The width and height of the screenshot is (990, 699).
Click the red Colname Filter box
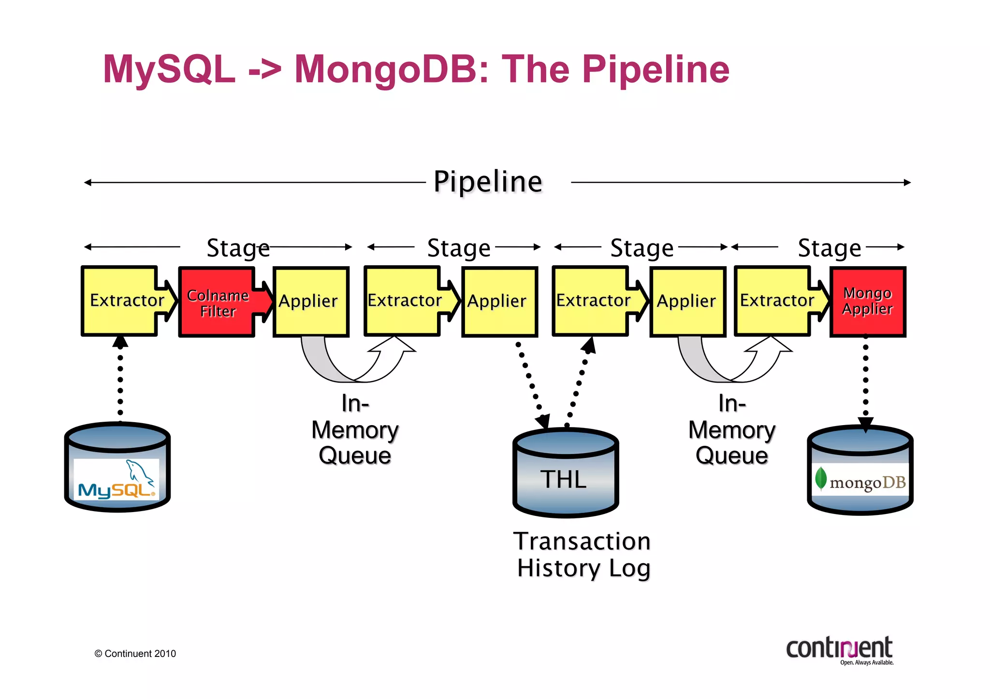click(217, 302)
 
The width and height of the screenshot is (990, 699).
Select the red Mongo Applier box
click(868, 301)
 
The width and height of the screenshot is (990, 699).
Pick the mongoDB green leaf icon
click(821, 478)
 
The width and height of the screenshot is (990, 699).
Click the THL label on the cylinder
click(564, 479)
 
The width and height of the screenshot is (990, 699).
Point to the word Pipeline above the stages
click(488, 182)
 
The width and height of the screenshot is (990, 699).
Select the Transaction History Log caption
click(583, 555)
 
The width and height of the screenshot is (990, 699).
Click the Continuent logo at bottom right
click(840, 650)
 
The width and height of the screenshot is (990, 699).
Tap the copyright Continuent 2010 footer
click(135, 654)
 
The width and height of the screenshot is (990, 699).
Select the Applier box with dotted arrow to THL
click(499, 301)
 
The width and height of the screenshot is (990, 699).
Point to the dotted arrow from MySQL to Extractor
click(120, 382)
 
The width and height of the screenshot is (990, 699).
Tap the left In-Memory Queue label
click(355, 429)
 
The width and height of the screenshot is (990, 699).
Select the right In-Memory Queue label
click(732, 429)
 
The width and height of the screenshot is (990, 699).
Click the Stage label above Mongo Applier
click(829, 248)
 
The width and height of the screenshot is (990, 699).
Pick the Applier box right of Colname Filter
click(311, 301)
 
